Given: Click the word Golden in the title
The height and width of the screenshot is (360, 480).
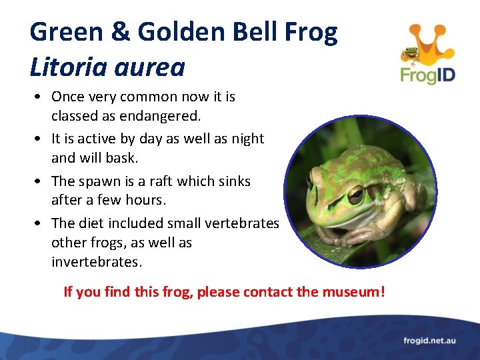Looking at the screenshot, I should coord(169,32).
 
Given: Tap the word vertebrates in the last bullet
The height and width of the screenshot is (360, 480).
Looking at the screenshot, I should coord(241,223).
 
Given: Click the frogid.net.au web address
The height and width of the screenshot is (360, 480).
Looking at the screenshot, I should coord(429,341).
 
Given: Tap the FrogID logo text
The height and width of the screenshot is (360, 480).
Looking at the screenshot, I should coord(427,73).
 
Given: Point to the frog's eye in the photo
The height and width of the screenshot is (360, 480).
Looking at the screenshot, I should coord(355,194).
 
